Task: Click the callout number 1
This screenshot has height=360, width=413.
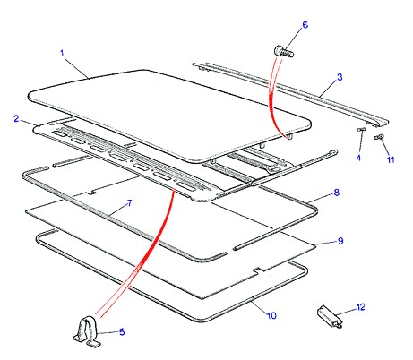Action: tap(62, 54)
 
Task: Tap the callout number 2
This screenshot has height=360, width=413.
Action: tap(16, 118)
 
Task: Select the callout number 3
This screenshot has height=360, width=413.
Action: tap(340, 77)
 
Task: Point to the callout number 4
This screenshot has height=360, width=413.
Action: tap(358, 158)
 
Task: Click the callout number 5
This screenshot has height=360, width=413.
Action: tap(122, 331)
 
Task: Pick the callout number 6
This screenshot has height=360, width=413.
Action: tap(305, 25)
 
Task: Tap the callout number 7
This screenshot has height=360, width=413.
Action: tap(129, 203)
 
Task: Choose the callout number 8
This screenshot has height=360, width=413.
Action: tap(337, 193)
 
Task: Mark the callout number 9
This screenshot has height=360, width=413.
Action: tap(340, 241)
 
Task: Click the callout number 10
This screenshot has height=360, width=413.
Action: tap(271, 315)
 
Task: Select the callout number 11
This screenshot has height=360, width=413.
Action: tap(391, 159)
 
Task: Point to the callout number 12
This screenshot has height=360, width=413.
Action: tap(360, 307)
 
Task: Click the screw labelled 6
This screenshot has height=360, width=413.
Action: tap(284, 52)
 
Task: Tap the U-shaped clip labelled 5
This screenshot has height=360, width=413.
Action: tap(87, 331)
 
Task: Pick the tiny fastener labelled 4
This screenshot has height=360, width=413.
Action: tap(361, 129)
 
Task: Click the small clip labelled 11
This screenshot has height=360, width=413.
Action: tap(379, 137)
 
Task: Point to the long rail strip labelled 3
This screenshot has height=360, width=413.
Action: tap(291, 93)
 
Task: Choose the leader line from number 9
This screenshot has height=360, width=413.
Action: tap(326, 244)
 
